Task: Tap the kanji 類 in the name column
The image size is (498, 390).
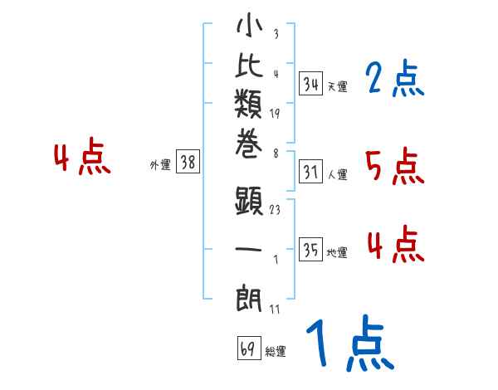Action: point(249,105)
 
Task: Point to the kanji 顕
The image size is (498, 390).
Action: point(249,200)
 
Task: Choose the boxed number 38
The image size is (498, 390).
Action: point(188,163)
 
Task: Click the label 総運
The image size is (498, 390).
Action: point(276,351)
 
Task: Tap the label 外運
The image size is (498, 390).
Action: point(160,165)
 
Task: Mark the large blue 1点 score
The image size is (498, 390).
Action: point(349,344)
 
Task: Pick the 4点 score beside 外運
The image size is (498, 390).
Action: point(81,158)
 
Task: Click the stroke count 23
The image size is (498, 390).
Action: point(275,210)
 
